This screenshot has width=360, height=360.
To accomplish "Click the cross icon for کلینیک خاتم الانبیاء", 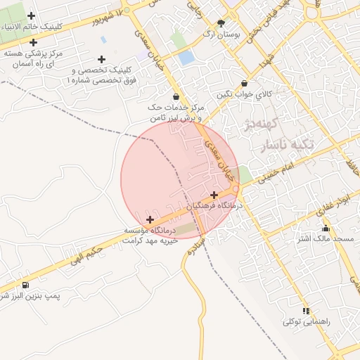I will click(31, 15).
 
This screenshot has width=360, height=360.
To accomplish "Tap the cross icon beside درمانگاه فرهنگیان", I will click(214, 195).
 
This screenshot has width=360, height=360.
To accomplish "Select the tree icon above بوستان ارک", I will click(221, 23).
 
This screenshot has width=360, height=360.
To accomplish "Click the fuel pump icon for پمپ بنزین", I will click(25, 285).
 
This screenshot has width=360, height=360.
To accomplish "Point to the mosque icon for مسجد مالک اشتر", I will click(325, 229).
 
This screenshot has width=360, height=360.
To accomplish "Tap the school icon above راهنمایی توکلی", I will click(305, 311).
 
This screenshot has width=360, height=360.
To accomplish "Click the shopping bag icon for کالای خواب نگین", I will click(244, 84).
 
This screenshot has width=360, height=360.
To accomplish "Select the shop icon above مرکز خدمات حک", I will click(175, 97).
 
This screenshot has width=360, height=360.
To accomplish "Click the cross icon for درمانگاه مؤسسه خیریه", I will click(149, 220).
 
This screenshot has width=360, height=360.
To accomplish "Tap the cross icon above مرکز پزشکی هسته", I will click(33, 43).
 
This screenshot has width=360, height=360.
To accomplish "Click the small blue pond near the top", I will click(186, 58).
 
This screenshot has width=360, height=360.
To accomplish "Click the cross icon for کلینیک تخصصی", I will click(102, 60).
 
